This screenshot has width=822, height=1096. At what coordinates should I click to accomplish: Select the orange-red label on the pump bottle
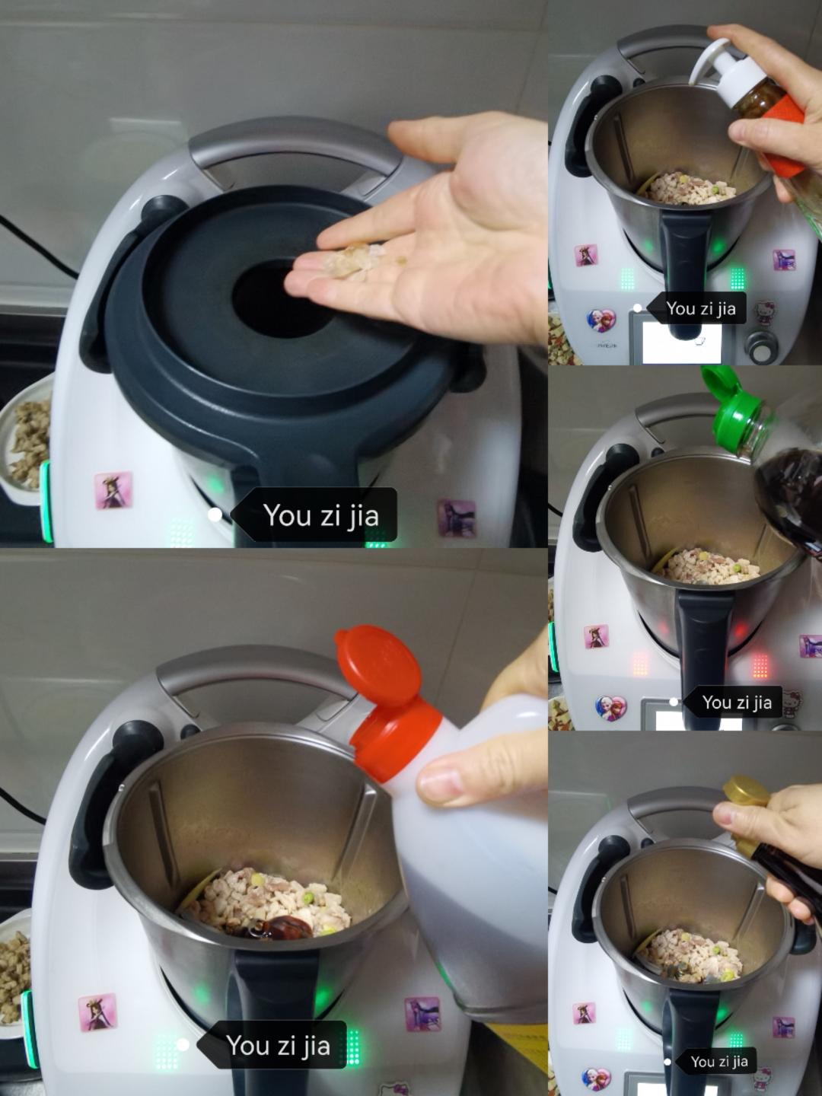[x=780, y=133]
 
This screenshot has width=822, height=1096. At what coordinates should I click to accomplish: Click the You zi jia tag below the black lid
[x=314, y=515]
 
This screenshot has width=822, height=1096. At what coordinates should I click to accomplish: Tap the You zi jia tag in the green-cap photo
[x=733, y=703]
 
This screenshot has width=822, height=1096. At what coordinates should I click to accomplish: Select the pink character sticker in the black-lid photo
[x=113, y=489]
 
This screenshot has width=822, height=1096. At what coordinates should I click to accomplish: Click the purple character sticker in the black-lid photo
[x=457, y=518]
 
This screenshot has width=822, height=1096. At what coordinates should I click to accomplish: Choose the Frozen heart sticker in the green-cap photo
[x=611, y=708]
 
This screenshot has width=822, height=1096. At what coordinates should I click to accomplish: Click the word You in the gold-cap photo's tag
[x=700, y=1062]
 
